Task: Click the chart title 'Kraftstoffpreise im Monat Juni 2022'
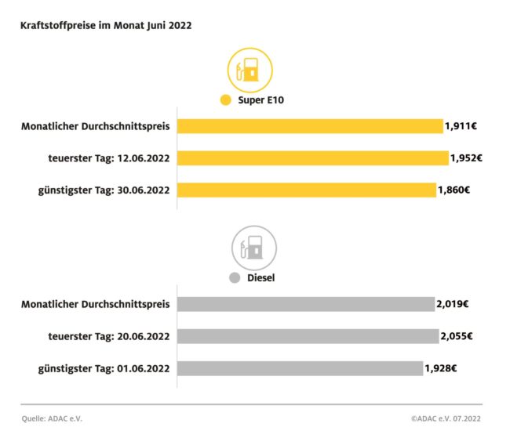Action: coord(106,25)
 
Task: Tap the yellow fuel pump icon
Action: coord(250,71)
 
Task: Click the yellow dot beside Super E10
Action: coord(225,100)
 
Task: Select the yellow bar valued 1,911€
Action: coord(310,126)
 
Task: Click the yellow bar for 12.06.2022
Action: coord(312,157)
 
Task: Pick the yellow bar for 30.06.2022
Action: coord(306,190)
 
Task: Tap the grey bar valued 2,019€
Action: coord(305,304)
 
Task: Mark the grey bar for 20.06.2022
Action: coord(308,336)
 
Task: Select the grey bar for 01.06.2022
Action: coord(300,367)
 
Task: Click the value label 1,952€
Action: coord(466,157)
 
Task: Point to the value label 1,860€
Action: coord(454,190)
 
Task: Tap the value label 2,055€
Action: coord(456,336)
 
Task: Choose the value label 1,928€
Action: coord(441,367)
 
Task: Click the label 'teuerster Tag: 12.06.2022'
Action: coord(108,157)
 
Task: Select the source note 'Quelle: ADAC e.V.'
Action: coord(52,418)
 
